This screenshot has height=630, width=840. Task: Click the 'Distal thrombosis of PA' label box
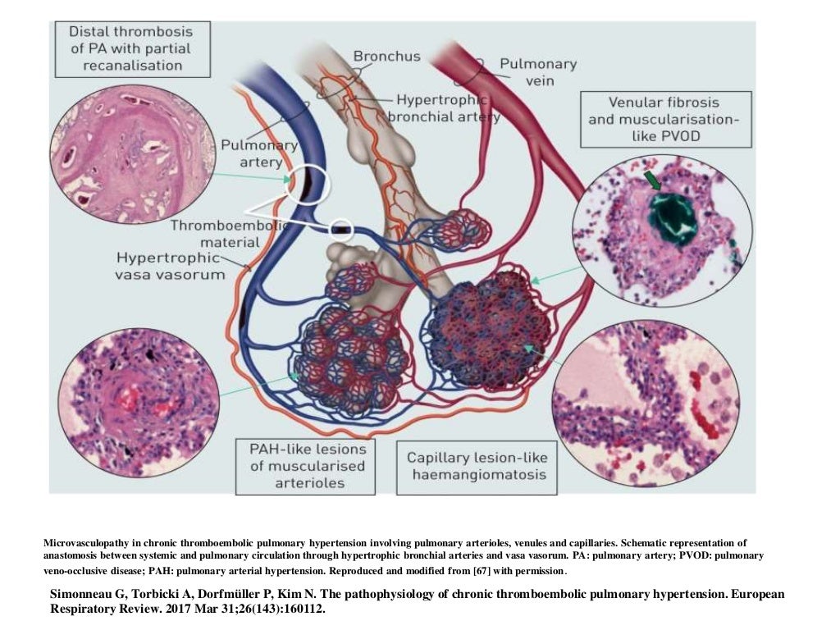[x=130, y=48]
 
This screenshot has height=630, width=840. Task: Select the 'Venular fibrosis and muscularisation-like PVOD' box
[x=665, y=119]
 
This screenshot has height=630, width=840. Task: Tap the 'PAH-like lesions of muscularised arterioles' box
[x=301, y=465]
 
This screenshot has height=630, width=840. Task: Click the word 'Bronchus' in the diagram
[x=386, y=57]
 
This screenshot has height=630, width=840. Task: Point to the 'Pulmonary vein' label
[x=538, y=71]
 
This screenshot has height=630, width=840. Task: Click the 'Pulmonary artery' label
[x=259, y=153]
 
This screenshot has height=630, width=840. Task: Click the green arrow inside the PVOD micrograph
[x=653, y=180]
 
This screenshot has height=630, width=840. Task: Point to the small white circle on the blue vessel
[x=341, y=229]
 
